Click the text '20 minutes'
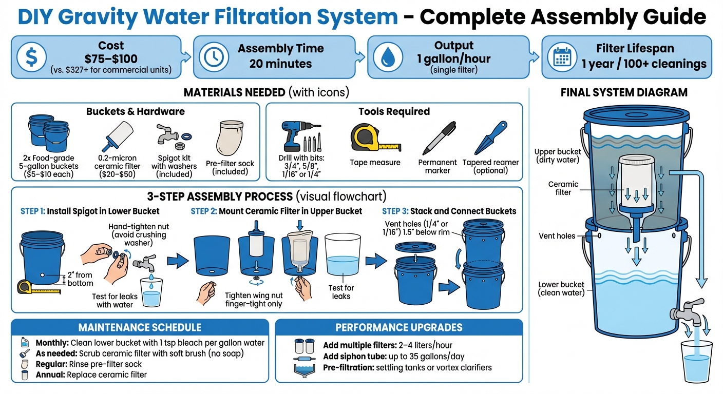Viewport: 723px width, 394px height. [280, 64]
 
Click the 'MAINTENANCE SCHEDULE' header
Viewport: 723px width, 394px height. [140, 328]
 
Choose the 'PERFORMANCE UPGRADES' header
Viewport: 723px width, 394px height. [399, 328]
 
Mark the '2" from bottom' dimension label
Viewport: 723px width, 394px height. [80, 279]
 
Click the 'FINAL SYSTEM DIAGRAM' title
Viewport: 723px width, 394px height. [624, 93]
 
